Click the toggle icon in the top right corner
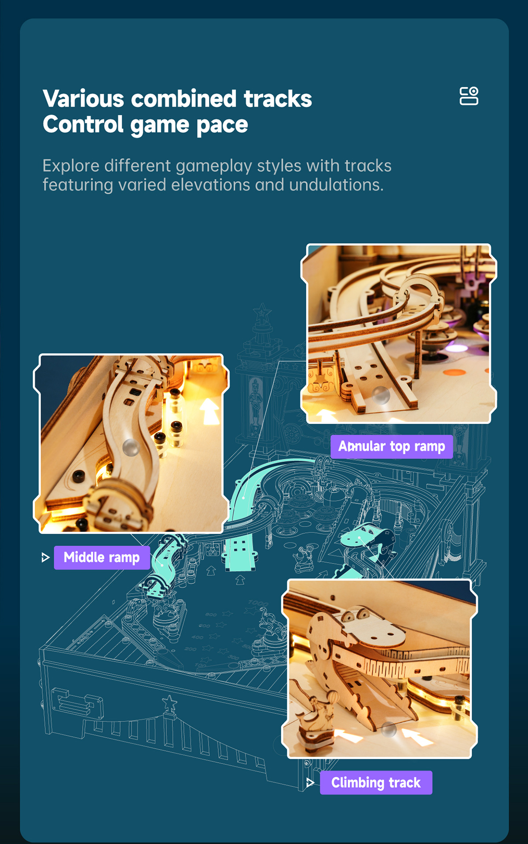[469, 96]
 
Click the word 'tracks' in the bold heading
[278, 98]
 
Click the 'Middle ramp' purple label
[102, 557]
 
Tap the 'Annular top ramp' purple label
[392, 447]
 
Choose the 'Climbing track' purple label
[376, 782]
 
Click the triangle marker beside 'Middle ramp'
[45, 558]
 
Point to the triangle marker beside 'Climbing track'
[310, 782]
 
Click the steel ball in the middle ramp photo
[131, 447]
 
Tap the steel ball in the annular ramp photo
[381, 395]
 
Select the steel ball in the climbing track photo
[389, 729]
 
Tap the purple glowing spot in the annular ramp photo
[457, 348]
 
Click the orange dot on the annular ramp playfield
[454, 373]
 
